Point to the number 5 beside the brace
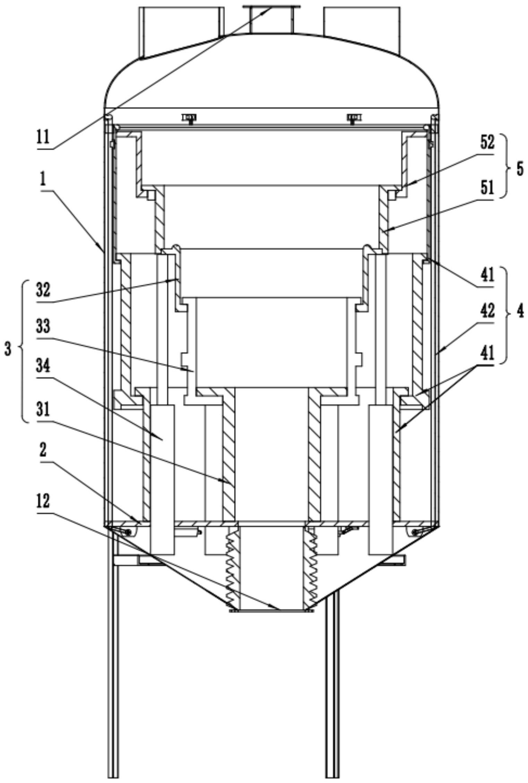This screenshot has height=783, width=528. click(x=519, y=171)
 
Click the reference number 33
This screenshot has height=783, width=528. click(x=44, y=327)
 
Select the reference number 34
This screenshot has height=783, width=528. click(x=44, y=366)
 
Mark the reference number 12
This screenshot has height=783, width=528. click(x=43, y=501)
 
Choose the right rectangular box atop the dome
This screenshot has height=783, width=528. click(x=362, y=30)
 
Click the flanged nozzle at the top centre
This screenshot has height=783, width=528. click(x=271, y=19)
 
